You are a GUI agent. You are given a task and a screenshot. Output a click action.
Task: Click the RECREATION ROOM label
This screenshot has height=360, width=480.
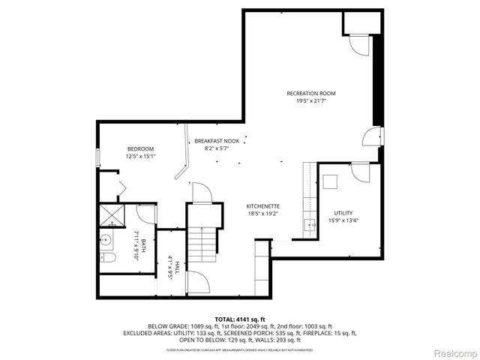[310, 94]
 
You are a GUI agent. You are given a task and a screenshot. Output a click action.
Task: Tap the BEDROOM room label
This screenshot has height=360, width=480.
[140, 148]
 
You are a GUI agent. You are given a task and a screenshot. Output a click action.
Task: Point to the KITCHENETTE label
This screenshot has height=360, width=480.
[263, 205]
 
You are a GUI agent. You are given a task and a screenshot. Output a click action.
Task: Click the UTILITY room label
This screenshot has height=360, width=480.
[343, 213]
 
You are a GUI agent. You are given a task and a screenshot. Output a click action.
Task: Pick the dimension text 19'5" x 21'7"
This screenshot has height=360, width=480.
[310, 101]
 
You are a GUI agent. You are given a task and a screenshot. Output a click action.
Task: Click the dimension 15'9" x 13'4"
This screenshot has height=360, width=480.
[343, 220]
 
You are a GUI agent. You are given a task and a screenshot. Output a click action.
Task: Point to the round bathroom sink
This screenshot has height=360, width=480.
[106, 241]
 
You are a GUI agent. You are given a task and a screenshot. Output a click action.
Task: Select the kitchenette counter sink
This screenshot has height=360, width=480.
[308, 223]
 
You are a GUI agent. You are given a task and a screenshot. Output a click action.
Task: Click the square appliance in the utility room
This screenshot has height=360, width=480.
[331, 181]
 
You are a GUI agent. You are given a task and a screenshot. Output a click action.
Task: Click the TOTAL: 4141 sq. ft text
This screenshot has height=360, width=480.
[240, 319]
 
